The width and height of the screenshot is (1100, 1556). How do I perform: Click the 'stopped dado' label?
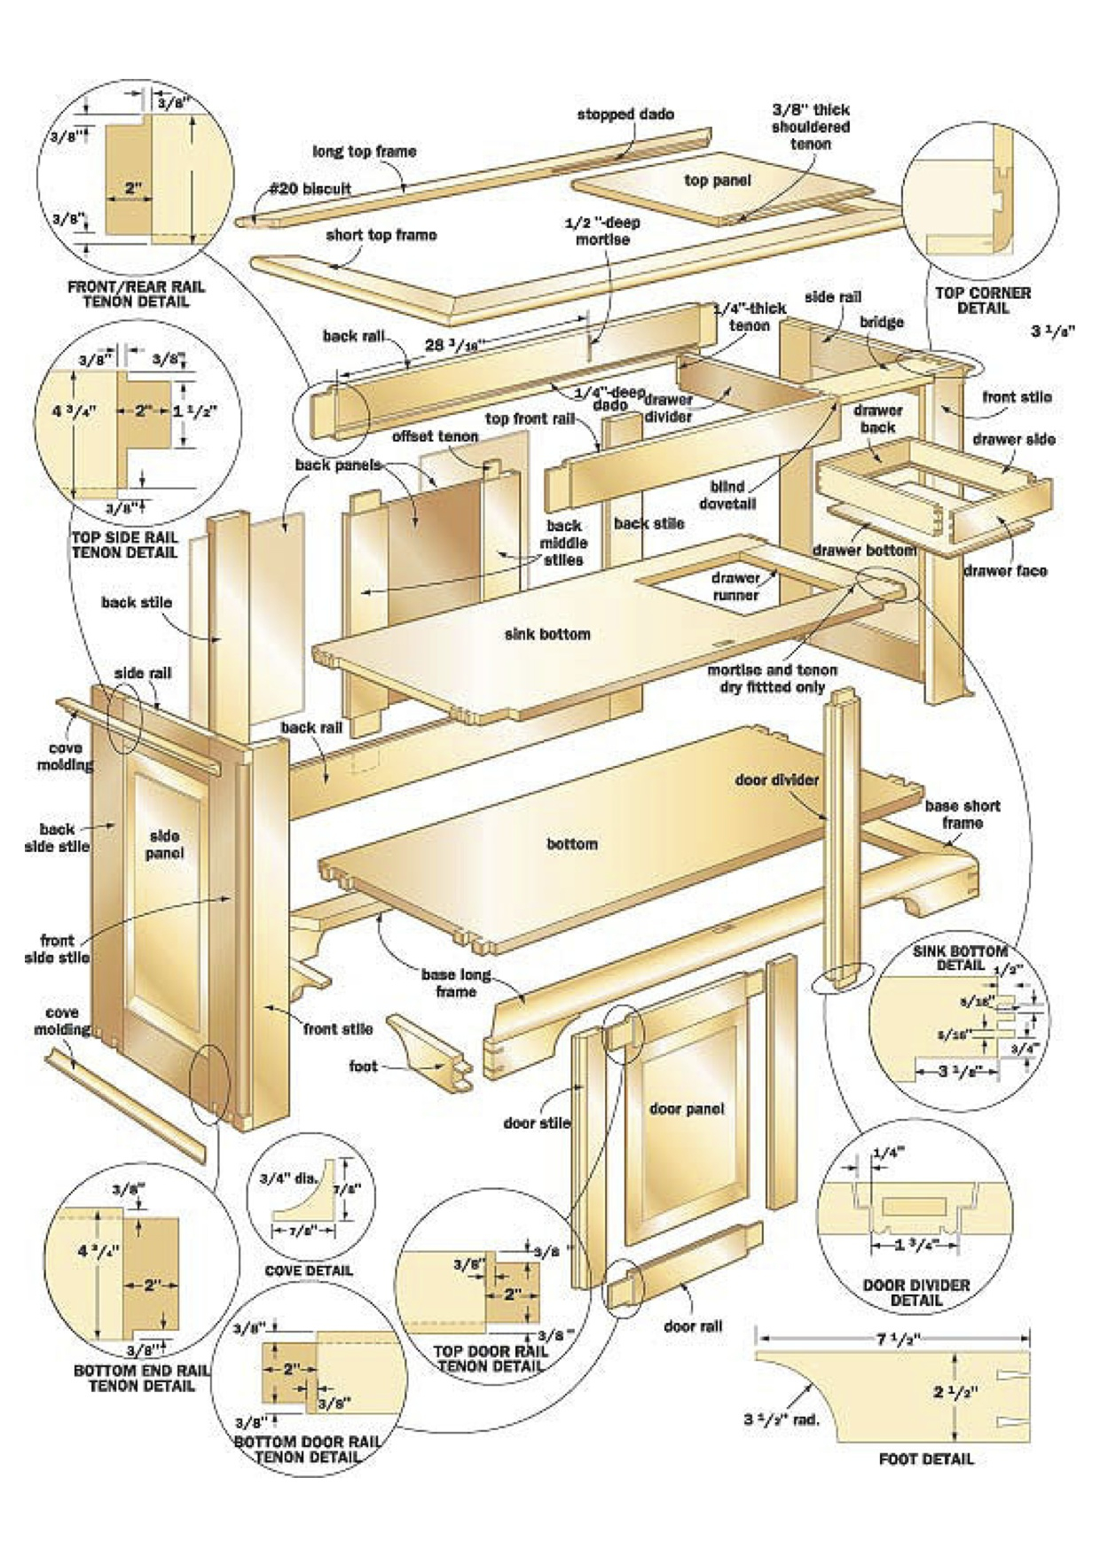click(625, 114)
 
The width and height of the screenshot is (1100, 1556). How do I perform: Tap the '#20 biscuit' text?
click(310, 189)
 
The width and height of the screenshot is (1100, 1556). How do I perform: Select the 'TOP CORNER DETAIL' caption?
click(983, 301)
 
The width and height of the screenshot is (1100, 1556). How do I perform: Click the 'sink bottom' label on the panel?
click(546, 634)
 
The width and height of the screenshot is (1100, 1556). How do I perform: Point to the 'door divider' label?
click(776, 780)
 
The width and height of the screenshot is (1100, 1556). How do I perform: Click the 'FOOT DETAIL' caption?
click(926, 1458)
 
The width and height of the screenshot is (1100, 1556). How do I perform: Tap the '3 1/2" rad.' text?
click(781, 1419)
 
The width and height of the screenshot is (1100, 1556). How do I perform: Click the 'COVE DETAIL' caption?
click(309, 1271)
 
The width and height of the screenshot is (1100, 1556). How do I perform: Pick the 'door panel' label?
click(687, 1108)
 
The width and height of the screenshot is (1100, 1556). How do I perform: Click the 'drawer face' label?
click(1005, 571)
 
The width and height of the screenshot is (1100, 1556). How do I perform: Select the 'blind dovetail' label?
click(727, 495)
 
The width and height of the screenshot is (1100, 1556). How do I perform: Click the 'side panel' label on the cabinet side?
click(165, 844)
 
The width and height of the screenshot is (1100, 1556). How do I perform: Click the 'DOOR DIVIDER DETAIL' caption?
click(915, 1293)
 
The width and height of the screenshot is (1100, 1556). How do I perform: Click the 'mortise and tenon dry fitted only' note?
click(772, 678)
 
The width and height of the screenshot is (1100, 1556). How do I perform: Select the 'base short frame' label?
click(962, 814)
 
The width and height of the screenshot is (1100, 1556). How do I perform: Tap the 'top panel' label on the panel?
click(717, 180)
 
